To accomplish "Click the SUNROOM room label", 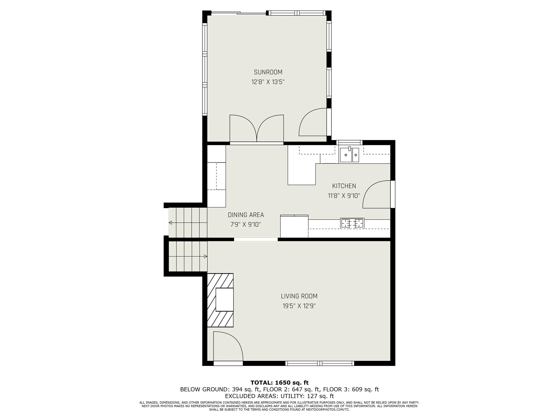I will (x=268, y=72).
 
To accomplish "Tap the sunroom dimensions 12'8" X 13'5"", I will (x=268, y=82).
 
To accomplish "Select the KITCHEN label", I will (x=344, y=186).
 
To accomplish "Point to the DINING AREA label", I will (x=246, y=215).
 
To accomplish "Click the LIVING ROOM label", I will (x=299, y=296).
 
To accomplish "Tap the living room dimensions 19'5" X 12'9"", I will (x=299, y=306).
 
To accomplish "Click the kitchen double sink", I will (x=349, y=155).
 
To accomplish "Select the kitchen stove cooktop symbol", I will (x=352, y=223).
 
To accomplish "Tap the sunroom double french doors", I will (x=256, y=129).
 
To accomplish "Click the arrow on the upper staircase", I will (x=171, y=223).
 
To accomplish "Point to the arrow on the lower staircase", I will (x=205, y=256).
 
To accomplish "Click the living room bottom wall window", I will (x=320, y=363).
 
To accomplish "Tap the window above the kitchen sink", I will (x=349, y=142).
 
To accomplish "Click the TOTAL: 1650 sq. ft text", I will (x=279, y=383).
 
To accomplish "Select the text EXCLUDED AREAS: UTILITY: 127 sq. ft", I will (x=279, y=396).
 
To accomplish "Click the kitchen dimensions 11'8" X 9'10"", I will (x=344, y=196).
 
